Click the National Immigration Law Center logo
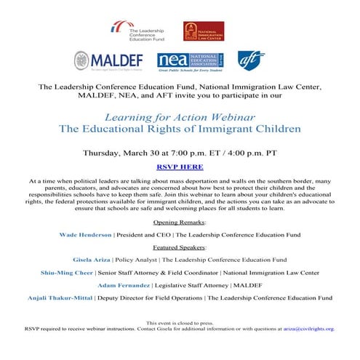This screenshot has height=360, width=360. click(203, 31)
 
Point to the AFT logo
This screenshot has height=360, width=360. click(251, 60)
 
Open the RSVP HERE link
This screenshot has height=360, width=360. click(180, 167)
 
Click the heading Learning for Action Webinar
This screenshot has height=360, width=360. click(180, 116)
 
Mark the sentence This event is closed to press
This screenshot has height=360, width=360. click(180, 322)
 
